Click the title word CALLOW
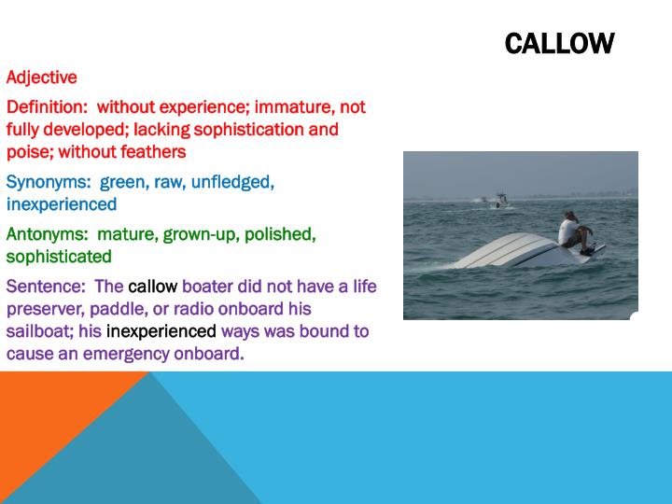pos(559,43)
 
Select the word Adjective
pos(42,77)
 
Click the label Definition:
pos(48,106)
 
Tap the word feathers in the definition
pos(154,151)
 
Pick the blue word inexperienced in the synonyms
pos(62,203)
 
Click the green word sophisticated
pos(59,256)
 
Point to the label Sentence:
pos(47,286)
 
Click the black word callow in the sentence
pos(152,286)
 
